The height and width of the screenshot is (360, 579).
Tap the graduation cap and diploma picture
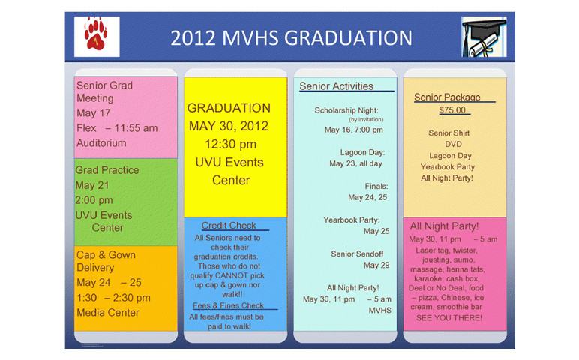(484, 37)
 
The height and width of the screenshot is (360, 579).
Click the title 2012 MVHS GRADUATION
(291, 38)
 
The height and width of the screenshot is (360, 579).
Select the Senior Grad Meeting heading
(104, 91)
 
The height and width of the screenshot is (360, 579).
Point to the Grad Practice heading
(107, 170)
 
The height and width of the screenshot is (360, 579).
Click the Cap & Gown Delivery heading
(106, 261)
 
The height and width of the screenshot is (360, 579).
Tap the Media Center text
(108, 313)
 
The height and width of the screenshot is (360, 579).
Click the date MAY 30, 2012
(229, 126)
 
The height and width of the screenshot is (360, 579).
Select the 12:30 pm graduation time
(230, 144)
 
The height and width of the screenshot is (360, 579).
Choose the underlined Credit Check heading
(229, 226)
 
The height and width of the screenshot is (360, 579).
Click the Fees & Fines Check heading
(228, 305)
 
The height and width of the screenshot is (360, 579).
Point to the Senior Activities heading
(337, 86)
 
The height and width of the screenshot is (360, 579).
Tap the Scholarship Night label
(346, 110)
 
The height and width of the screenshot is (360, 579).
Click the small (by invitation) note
(366, 120)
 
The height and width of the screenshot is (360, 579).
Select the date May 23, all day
(355, 163)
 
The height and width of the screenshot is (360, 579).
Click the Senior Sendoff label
(357, 254)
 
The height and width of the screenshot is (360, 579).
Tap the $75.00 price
(452, 110)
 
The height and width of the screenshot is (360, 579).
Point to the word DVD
(453, 144)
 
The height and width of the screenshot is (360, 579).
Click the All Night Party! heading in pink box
(444, 226)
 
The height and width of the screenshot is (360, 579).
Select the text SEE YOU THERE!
(449, 318)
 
